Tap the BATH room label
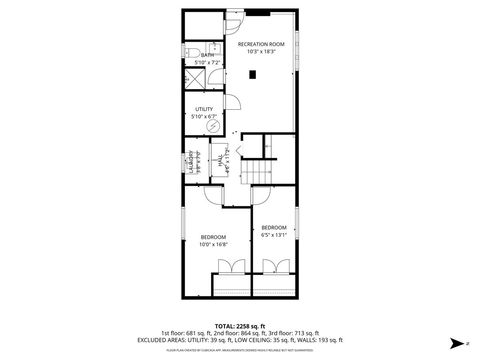207,56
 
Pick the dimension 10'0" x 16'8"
214,243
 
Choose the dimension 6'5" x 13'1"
274,235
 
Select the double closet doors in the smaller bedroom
274,267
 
